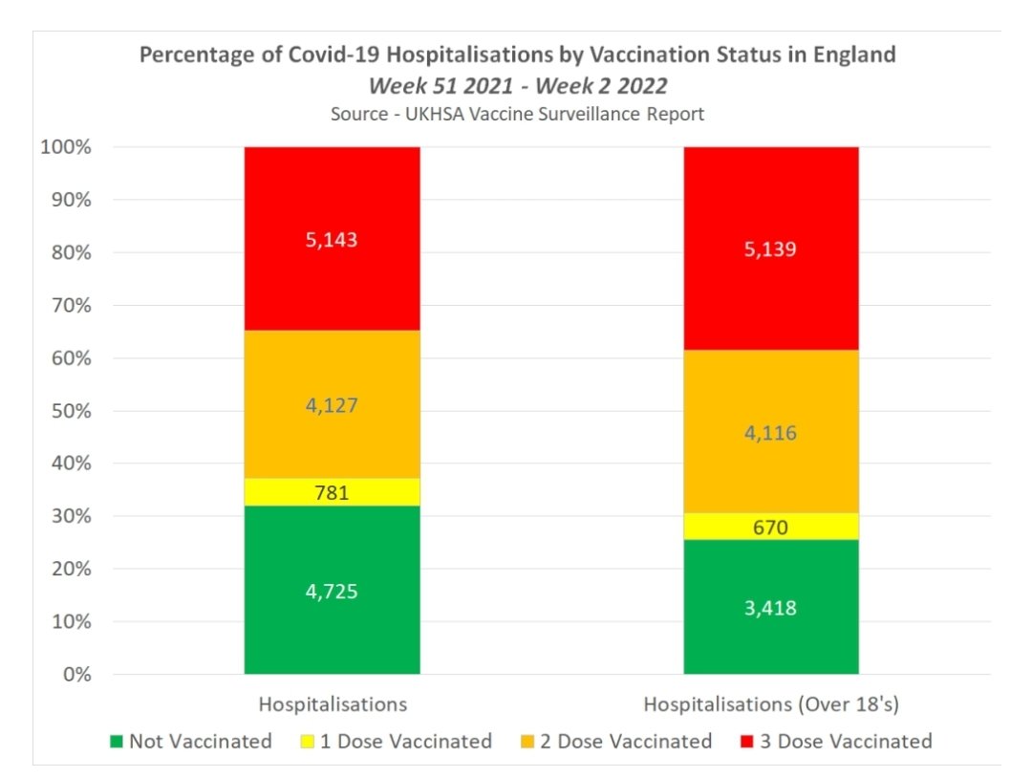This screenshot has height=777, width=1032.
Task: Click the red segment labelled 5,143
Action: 332,239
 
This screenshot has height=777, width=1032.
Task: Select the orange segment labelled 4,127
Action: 332,404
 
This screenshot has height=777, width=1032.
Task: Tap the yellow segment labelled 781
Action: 332,491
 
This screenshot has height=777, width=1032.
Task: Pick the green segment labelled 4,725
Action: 332,590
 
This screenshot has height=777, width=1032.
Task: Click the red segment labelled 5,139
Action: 771,248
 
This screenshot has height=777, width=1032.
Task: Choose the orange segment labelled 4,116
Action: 771,432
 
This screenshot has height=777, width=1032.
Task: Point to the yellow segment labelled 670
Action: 771,527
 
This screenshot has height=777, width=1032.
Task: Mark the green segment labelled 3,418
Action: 771,607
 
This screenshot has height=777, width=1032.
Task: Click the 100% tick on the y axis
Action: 65,148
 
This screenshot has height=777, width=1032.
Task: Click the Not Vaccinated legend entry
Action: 191,741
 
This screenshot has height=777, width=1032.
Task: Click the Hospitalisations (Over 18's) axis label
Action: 772,704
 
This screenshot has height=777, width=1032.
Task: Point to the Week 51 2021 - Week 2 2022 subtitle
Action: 517,85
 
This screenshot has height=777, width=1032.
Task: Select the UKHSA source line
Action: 517,114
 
